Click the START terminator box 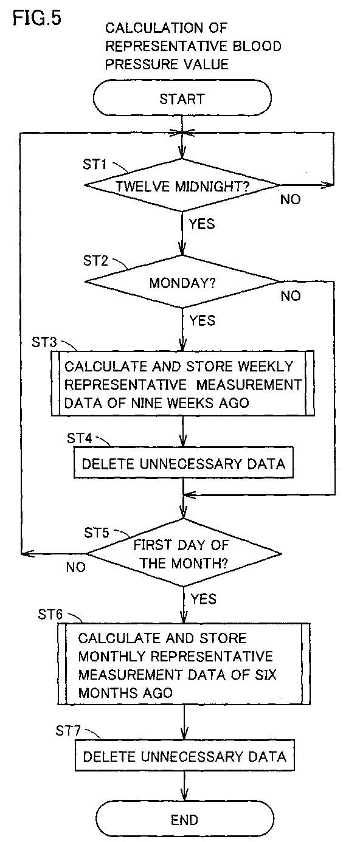182,98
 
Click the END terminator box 184,820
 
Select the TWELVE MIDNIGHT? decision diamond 182,185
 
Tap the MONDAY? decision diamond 182,281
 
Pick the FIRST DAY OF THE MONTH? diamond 184,553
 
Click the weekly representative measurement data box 183,384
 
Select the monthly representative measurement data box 184,664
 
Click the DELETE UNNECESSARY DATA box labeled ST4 183,463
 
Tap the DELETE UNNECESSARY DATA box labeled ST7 184,756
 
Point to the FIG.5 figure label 37,18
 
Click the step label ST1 95,164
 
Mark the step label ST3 44,342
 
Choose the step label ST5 96,533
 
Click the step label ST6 50,614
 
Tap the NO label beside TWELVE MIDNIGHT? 291,199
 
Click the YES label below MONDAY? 202,320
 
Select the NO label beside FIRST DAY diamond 75,567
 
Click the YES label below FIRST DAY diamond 204,599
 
